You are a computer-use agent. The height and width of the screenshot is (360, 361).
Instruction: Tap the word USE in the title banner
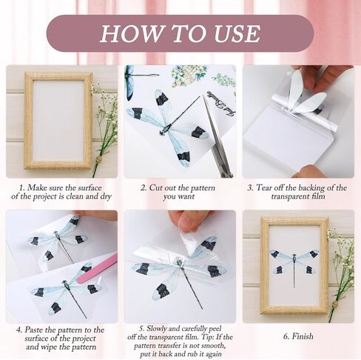[237, 33]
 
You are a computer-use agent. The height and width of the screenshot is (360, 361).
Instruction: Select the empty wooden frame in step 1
[58, 121]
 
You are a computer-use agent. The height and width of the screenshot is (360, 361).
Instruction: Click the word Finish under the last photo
[303, 336]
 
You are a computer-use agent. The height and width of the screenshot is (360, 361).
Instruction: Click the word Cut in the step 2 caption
[156, 187]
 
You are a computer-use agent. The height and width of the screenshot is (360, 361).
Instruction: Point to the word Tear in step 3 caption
[265, 187]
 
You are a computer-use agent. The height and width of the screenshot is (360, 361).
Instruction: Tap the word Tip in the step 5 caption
[207, 337]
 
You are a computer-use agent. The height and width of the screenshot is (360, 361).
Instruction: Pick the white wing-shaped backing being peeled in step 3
[305, 93]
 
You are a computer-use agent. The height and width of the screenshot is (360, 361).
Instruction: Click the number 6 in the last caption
[286, 336]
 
